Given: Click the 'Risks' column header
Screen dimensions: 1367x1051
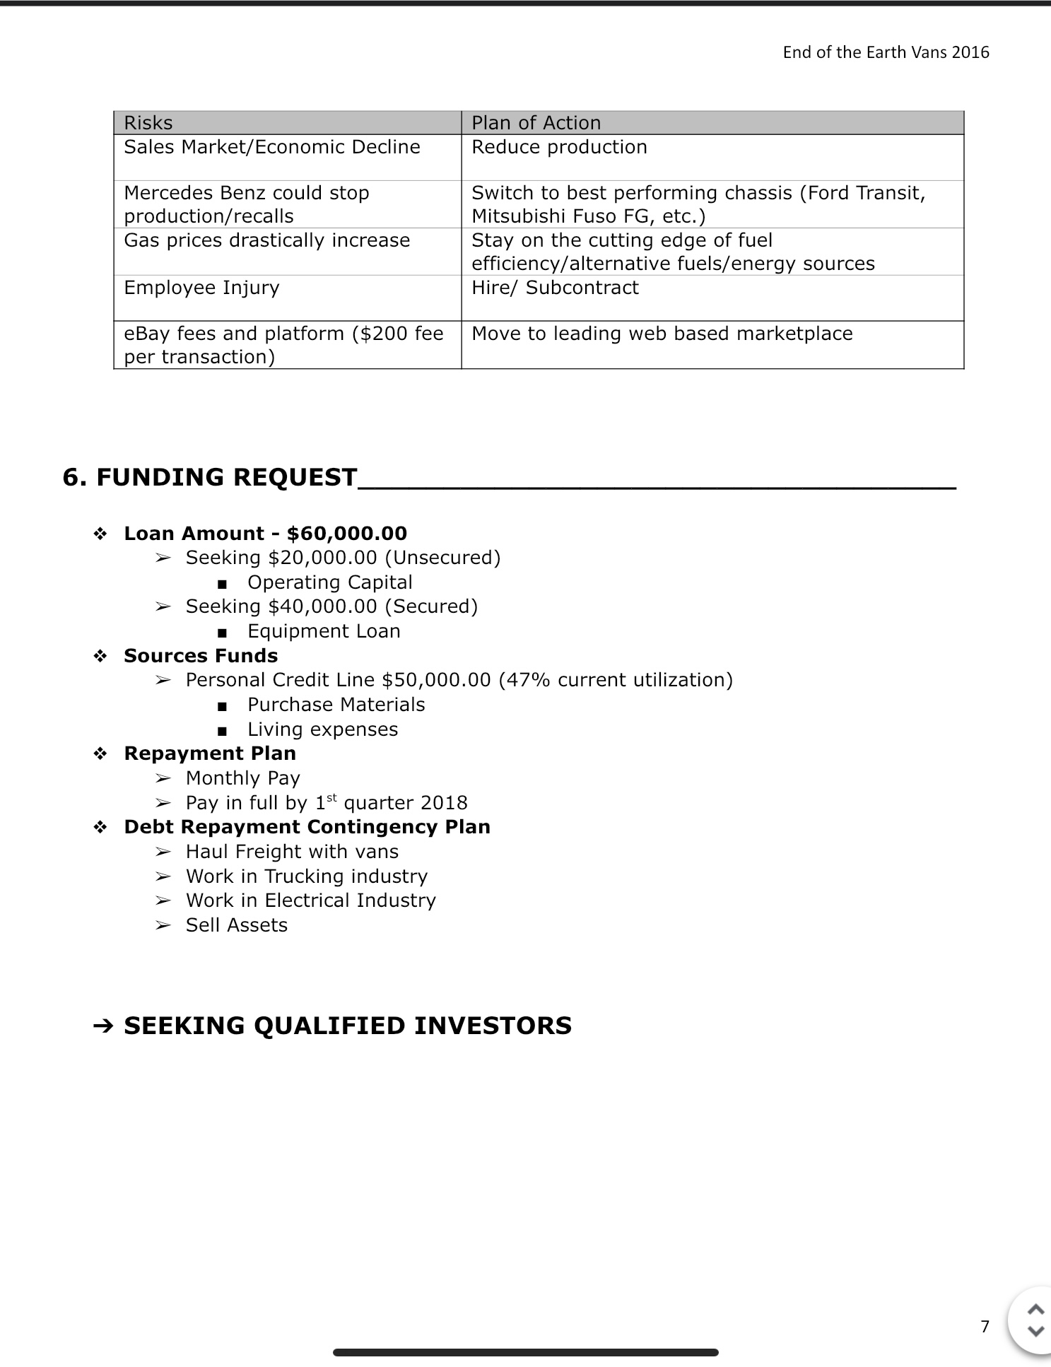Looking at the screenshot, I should [148, 123].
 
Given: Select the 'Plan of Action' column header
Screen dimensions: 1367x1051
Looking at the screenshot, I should [536, 123].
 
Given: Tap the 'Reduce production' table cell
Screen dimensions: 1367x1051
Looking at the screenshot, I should [559, 147].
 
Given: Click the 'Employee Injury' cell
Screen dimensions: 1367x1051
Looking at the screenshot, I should [201, 288].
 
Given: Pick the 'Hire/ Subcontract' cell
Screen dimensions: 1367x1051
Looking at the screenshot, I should [555, 288].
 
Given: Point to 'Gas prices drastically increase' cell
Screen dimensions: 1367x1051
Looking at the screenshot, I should [266, 240].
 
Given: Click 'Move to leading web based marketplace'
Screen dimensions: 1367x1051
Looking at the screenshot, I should [662, 334].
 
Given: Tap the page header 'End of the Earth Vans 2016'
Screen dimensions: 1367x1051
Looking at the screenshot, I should [886, 52].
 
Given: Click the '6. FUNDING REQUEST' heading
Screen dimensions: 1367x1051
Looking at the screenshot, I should [210, 477].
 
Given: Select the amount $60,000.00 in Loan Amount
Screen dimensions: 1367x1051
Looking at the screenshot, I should [347, 534].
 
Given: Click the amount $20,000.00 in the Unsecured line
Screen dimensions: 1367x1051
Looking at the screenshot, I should [323, 558].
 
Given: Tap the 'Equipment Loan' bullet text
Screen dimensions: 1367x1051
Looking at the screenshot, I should [324, 631].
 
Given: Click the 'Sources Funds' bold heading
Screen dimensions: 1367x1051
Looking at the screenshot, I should [201, 656].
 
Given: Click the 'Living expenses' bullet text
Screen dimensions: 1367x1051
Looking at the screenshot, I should [322, 729].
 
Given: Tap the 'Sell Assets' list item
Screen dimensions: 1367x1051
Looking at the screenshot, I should [236, 925].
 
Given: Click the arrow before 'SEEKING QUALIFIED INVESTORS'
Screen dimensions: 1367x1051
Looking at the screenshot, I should [103, 1026].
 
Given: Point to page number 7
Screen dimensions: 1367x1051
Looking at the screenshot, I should [985, 1326].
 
